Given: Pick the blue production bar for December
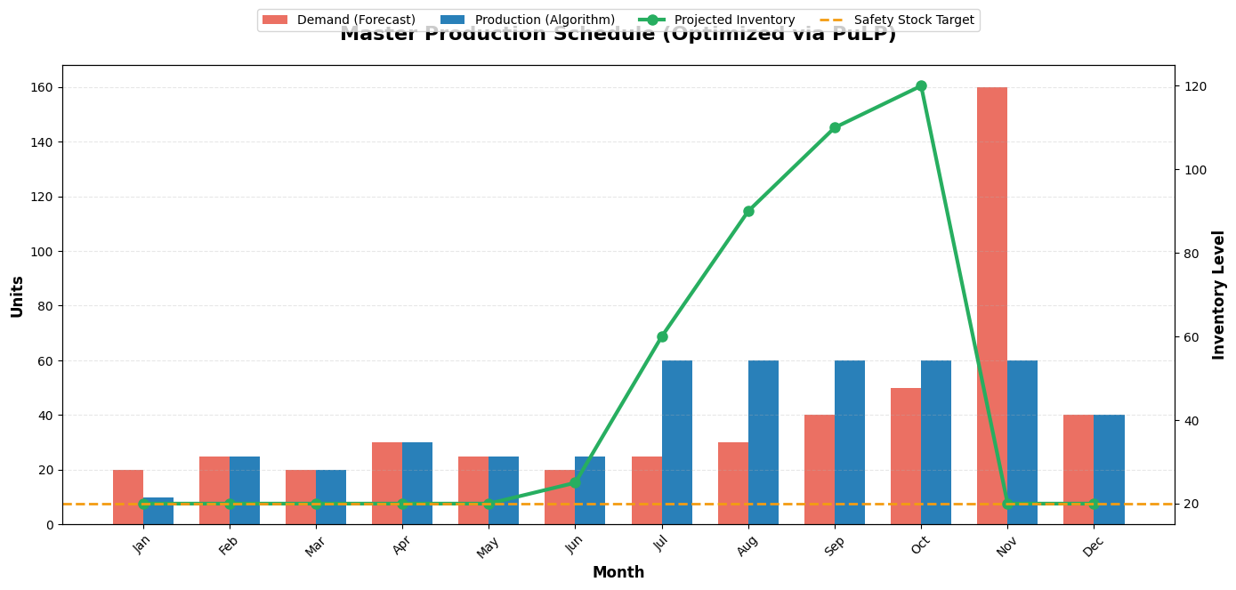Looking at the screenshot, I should [x=1109, y=469].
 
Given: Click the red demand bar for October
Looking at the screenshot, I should [x=905, y=456].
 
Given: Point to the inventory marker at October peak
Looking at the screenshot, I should [x=921, y=86].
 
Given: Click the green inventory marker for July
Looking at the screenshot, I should [x=662, y=336].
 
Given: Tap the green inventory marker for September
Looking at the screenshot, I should [x=835, y=127].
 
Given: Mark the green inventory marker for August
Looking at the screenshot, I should [x=748, y=211].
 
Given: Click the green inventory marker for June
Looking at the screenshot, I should [x=575, y=482].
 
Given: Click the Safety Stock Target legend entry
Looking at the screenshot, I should [x=913, y=20].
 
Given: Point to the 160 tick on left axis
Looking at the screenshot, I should [x=41, y=87].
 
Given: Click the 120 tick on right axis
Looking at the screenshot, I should [x=1195, y=86].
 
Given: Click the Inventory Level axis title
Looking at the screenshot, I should [x=1218, y=295].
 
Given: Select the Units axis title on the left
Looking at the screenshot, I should [x=17, y=295].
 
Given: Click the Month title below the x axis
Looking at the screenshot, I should [x=618, y=572].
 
